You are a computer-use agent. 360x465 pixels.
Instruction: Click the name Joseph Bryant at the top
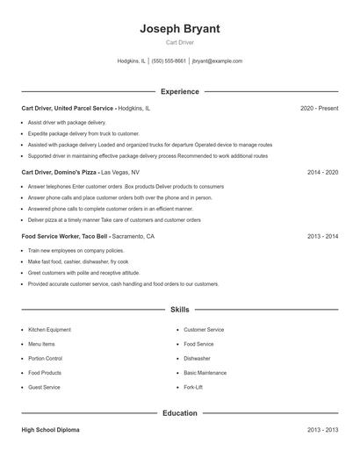179,29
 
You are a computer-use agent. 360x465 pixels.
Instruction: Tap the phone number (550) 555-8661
169,61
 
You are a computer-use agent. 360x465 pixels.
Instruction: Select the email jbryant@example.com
217,61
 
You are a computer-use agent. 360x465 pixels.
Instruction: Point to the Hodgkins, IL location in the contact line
131,61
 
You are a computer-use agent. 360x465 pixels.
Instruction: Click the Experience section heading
179,91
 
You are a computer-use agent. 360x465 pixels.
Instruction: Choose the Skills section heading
179,310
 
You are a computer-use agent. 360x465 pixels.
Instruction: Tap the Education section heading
179,412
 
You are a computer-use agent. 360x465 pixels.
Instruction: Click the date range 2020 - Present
319,108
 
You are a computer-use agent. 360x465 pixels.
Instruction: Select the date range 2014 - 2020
322,173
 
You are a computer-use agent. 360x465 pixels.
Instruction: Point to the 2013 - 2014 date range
322,237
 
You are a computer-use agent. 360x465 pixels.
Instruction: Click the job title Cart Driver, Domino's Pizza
59,173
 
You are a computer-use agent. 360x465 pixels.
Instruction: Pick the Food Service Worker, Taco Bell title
65,237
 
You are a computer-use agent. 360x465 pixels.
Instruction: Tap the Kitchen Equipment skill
49,330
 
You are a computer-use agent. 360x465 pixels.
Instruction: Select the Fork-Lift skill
193,387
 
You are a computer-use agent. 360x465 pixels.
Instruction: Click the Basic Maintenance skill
205,373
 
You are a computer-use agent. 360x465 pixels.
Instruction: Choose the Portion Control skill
45,358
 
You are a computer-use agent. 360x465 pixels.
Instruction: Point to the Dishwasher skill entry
197,358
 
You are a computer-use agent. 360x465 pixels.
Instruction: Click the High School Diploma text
51,430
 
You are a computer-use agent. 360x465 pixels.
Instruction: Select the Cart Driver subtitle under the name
179,42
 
